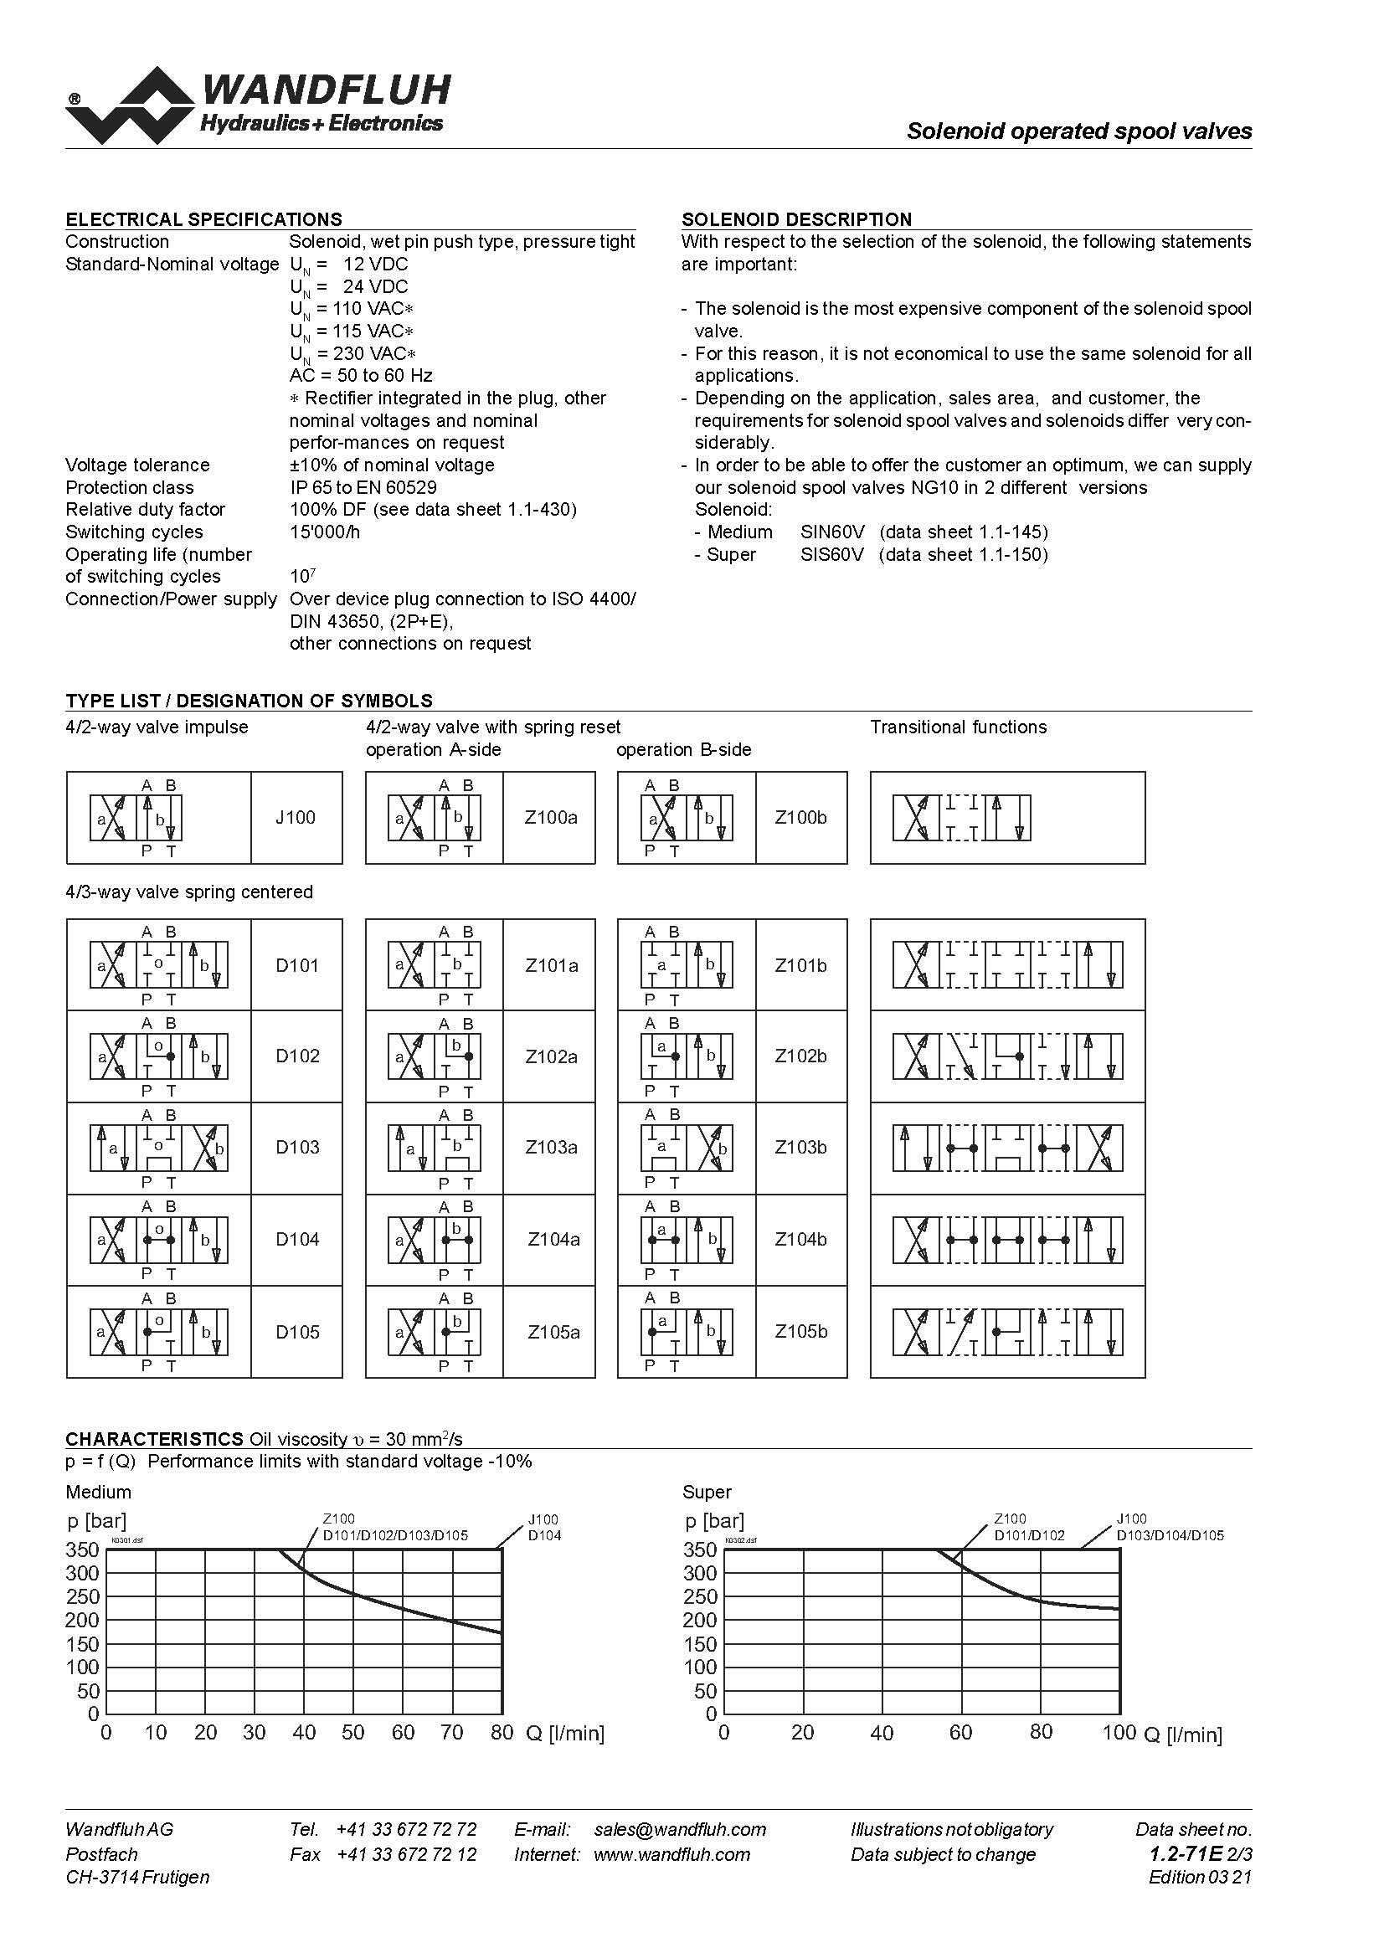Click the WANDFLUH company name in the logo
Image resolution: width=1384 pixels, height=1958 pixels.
click(x=326, y=90)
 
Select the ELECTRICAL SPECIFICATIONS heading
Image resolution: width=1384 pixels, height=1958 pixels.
click(x=203, y=219)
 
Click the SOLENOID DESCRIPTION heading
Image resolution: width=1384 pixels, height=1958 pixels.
click(x=796, y=219)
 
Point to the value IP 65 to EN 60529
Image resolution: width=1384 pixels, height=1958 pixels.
click(x=363, y=488)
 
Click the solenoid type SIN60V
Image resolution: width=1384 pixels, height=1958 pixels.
click(x=832, y=532)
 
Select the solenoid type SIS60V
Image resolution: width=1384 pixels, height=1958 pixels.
click(x=832, y=554)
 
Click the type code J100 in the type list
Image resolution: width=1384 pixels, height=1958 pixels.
click(x=295, y=818)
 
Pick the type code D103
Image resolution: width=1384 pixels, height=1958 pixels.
click(x=296, y=1148)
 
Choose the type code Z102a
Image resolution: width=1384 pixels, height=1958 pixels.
click(x=551, y=1056)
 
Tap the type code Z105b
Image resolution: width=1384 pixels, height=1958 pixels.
click(x=800, y=1332)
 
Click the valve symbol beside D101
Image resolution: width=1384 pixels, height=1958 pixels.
click(x=158, y=965)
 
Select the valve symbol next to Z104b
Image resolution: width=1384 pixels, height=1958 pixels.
click(x=687, y=1240)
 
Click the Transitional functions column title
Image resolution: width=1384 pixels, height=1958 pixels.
click(x=958, y=727)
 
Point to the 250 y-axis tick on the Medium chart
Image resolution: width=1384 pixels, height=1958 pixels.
click(x=83, y=1597)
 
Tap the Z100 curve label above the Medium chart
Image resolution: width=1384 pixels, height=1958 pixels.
click(x=338, y=1519)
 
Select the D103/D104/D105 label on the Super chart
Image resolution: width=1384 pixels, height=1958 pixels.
click(x=1170, y=1536)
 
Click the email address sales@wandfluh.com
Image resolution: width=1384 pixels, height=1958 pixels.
click(x=680, y=1829)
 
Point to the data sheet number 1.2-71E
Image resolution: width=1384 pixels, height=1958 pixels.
click(x=1186, y=1854)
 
